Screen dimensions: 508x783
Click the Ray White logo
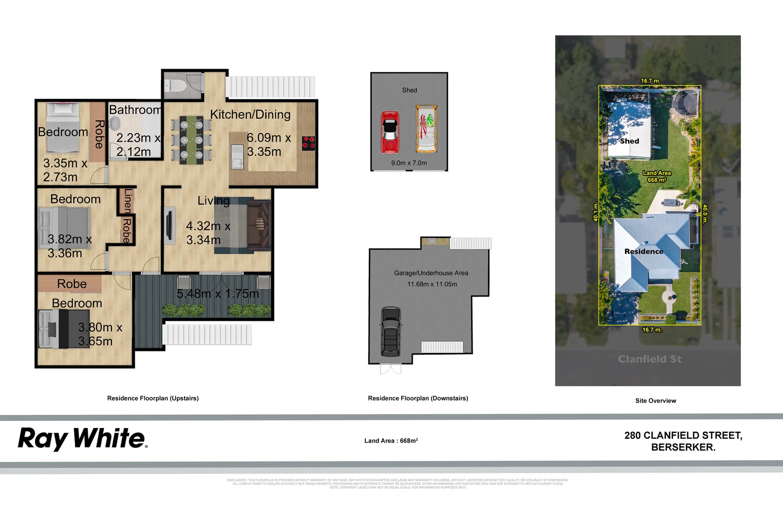click(82, 439)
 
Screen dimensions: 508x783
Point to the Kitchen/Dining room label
click(250, 114)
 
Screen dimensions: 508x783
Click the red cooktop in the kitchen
click(308, 143)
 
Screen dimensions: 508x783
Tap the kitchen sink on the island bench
click(237, 157)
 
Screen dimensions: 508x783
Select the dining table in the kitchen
click(191, 140)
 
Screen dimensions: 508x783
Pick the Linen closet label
click(127, 201)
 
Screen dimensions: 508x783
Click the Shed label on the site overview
click(629, 141)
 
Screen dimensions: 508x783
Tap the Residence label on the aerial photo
click(643, 252)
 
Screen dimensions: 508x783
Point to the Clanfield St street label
click(649, 359)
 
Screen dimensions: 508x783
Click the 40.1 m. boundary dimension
click(595, 212)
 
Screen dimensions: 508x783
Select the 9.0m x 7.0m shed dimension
click(409, 163)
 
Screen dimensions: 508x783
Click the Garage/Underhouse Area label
click(431, 273)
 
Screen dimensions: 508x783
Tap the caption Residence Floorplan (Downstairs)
click(418, 398)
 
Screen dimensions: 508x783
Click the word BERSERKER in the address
click(683, 447)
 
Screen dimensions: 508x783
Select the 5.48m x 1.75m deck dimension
click(218, 294)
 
